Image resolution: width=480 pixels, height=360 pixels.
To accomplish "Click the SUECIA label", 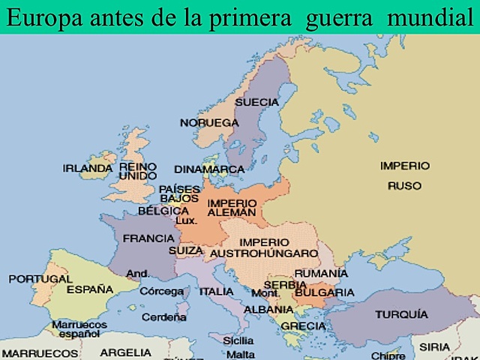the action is click(256, 102).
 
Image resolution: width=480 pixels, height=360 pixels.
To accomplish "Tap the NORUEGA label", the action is click(208, 122).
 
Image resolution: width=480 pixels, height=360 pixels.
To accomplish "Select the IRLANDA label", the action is click(88, 169).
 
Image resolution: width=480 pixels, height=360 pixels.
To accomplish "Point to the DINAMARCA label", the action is click(209, 169).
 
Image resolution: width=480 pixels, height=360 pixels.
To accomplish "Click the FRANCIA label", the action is click(148, 238).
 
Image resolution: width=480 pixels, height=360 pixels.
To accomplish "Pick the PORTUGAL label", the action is click(40, 279).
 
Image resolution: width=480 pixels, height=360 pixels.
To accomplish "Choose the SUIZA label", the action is click(186, 250).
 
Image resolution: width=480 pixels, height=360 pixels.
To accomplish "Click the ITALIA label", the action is click(216, 292).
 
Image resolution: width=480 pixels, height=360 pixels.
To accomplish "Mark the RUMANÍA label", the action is click(321, 274).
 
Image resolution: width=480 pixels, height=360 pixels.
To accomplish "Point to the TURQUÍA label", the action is click(401, 314).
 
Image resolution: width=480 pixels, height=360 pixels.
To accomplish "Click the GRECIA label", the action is click(303, 326).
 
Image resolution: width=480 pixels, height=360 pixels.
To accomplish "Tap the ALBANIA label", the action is click(268, 309).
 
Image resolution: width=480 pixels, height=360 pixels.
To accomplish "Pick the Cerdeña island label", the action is click(164, 317).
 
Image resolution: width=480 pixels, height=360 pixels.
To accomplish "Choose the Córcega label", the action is click(162, 291).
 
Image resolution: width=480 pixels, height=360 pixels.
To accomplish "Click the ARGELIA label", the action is click(125, 352).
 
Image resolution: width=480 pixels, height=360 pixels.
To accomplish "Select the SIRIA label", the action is click(435, 347).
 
